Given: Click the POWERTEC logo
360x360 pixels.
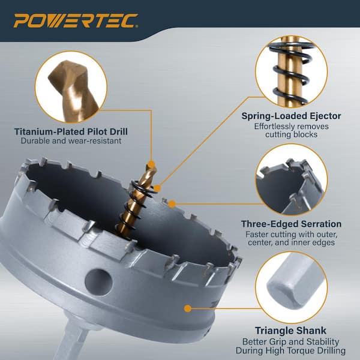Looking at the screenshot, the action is pyautogui.click(x=76, y=20).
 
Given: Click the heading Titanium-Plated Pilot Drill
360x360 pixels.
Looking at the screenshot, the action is pyautogui.click(x=71, y=131).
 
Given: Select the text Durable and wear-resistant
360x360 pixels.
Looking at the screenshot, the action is pyautogui.click(x=71, y=141).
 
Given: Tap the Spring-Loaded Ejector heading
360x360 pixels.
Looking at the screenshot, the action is pyautogui.click(x=291, y=116).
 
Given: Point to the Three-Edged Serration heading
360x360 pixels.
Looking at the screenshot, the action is pyautogui.click(x=291, y=224).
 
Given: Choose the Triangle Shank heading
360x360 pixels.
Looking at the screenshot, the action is pyautogui.click(x=290, y=331).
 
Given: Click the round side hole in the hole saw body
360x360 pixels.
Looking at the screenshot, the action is pyautogui.click(x=98, y=283).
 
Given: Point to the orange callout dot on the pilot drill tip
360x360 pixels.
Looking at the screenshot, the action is pyautogui.click(x=151, y=164).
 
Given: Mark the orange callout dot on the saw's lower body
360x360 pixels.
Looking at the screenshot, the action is pyautogui.click(x=188, y=308).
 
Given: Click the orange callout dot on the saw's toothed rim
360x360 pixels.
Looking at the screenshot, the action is pyautogui.click(x=172, y=203).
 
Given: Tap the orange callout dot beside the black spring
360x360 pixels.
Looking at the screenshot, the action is pyautogui.click(x=157, y=188).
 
